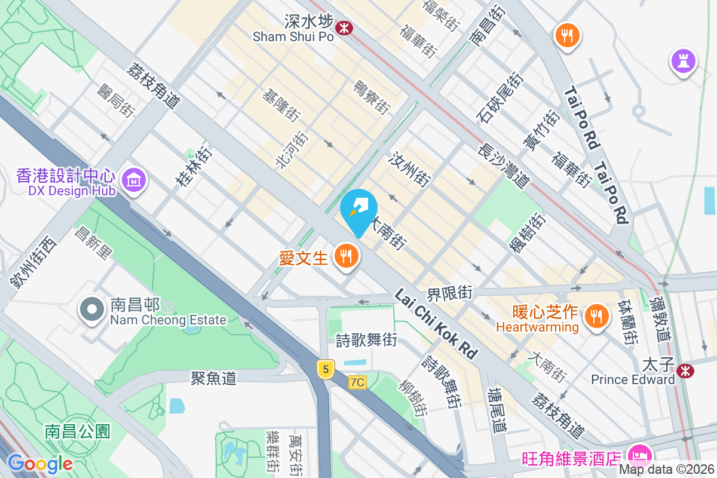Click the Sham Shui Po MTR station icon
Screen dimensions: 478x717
click(344, 27)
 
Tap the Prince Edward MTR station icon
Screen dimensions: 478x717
click(686, 370)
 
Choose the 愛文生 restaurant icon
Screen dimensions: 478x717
click(347, 256)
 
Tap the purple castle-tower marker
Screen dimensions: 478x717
click(683, 60)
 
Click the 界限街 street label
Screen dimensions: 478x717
click(449, 293)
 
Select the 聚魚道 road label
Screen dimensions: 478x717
click(214, 378)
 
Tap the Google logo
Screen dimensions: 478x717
click(39, 463)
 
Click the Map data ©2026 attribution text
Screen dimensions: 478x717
click(667, 470)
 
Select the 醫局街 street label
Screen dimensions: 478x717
click(117, 99)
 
